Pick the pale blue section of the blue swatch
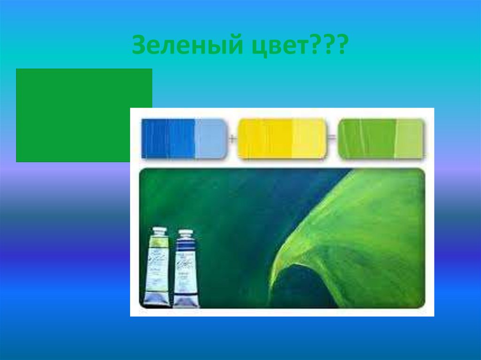coord(210,138)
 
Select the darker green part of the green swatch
coord(366,138)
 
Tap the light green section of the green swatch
coord(409,138)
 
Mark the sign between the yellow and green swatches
coord(332,138)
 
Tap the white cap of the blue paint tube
coord(185,233)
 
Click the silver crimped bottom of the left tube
coord(157,300)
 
